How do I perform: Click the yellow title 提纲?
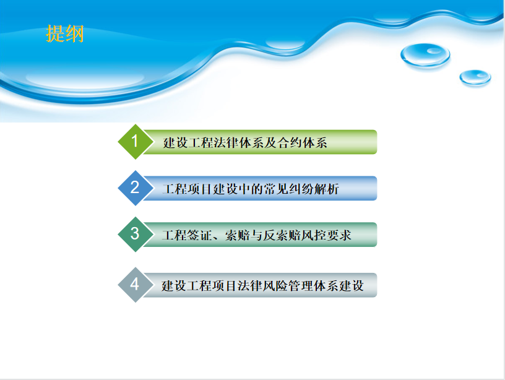(x=65, y=33)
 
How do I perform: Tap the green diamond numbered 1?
(x=136, y=142)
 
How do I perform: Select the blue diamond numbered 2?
(x=136, y=188)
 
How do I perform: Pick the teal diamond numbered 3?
(x=136, y=234)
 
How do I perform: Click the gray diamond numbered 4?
(x=136, y=285)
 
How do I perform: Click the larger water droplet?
(x=425, y=55)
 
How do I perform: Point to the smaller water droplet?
(x=475, y=77)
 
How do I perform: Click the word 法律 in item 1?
(x=225, y=143)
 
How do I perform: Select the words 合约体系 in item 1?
(x=302, y=143)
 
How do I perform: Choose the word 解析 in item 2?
(x=327, y=189)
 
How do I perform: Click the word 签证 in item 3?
(x=200, y=235)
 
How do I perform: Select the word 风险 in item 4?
(x=275, y=286)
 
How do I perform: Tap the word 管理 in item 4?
(x=301, y=286)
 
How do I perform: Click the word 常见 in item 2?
(x=277, y=189)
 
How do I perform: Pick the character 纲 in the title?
(x=75, y=33)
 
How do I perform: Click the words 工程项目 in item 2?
(x=188, y=189)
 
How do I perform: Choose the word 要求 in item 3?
(x=339, y=235)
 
